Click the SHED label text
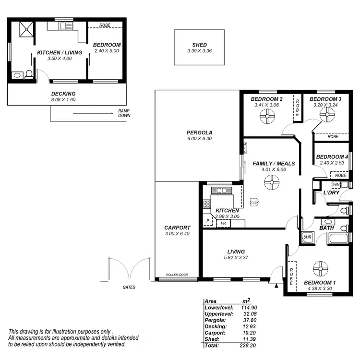pyautogui.click(x=199, y=45)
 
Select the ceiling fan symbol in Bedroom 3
pyautogui.click(x=328, y=115)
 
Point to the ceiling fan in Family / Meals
pyautogui.click(x=272, y=182)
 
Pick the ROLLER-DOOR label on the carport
pyautogui.click(x=177, y=275)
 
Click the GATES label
pyautogui.click(x=128, y=287)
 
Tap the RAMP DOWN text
pyautogui.click(x=124, y=113)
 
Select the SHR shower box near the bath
pyautogui.click(x=307, y=237)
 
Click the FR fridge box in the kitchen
pyautogui.click(x=223, y=223)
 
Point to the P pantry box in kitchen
pyautogui.click(x=208, y=221)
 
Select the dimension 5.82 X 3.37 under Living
pyautogui.click(x=236, y=258)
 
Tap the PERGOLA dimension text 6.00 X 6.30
pyautogui.click(x=200, y=139)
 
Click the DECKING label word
pyautogui.click(x=63, y=94)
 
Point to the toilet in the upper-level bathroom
pyautogui.click(x=29, y=74)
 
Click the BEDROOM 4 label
pyautogui.click(x=332, y=157)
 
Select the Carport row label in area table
pyautogui.click(x=216, y=333)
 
